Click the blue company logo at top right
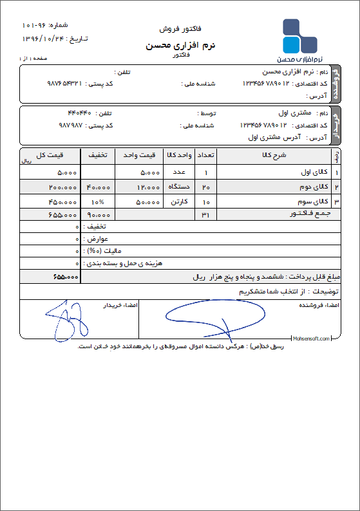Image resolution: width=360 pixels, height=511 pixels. pos(299,37)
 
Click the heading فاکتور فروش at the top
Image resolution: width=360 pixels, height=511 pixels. pos(180,30)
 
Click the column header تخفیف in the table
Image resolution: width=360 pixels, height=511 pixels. pos(97,155)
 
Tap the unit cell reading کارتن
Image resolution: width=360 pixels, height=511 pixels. pos(178,201)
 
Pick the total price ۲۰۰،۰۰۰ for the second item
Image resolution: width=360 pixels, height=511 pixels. pos(62,187)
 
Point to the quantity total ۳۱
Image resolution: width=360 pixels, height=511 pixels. pos(205,215)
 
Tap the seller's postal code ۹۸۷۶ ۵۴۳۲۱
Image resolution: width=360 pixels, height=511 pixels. pos(66,84)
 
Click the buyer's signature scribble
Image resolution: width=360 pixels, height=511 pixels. pos(65,319)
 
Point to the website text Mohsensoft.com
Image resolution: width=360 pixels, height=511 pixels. pos(311,338)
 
